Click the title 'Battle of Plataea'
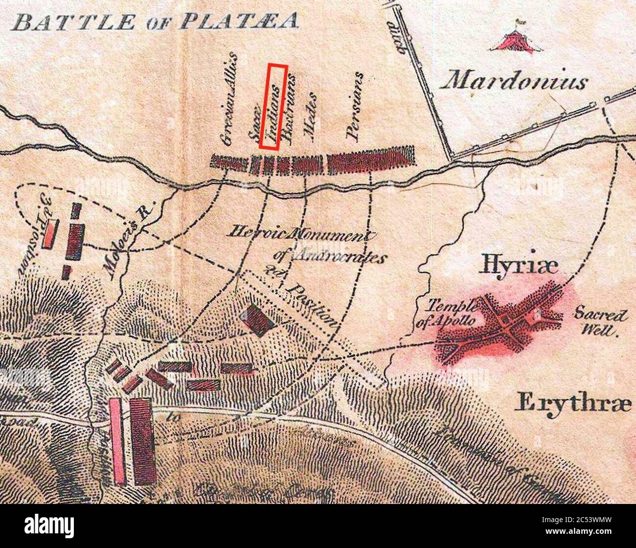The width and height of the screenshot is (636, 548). (x=157, y=22)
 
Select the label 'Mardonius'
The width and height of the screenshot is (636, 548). (x=514, y=81)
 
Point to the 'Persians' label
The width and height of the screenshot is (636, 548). (x=355, y=107)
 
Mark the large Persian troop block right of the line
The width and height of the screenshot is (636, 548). (x=370, y=160)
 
